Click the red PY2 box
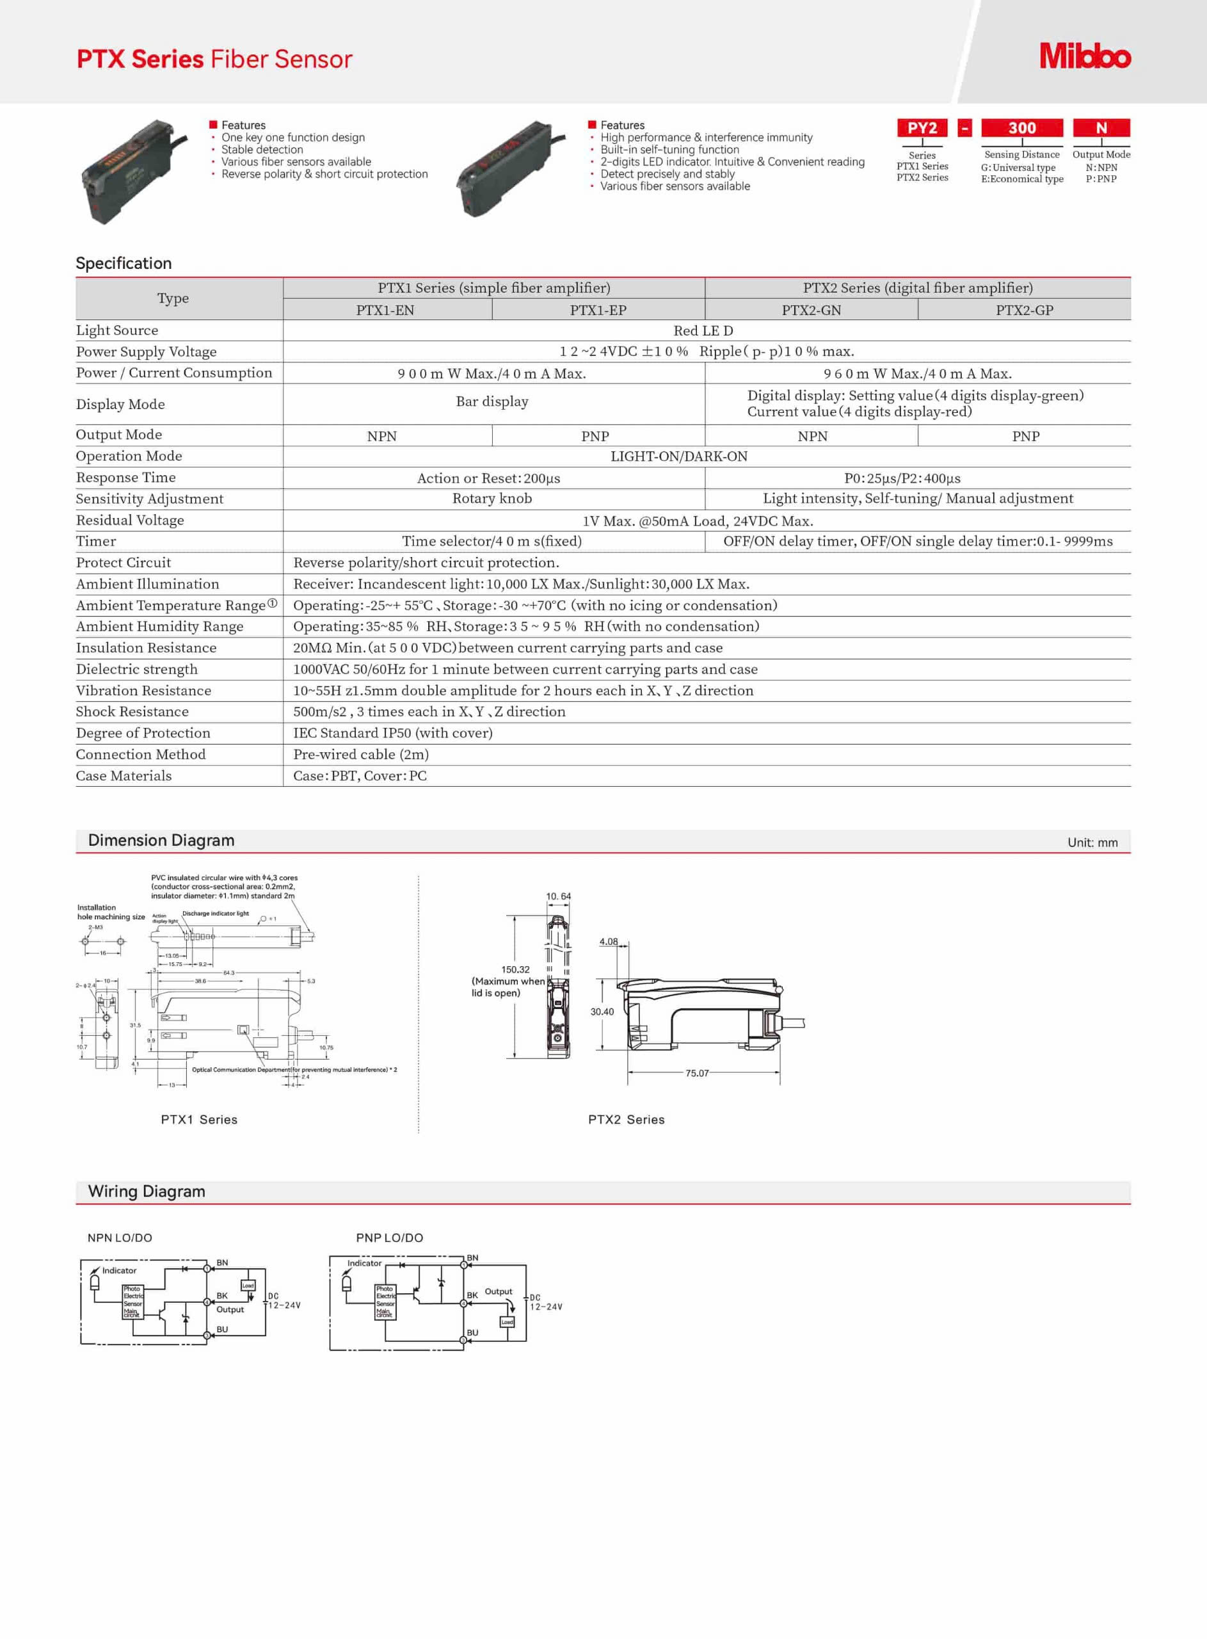pyautogui.click(x=922, y=128)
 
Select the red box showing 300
pyautogui.click(x=1021, y=128)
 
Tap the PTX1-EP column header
pyautogui.click(x=598, y=310)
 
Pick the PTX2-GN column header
pyautogui.click(x=811, y=310)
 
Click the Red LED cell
pyautogui.click(x=703, y=330)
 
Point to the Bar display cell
pyautogui.click(x=492, y=401)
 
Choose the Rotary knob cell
pyautogui.click(x=492, y=498)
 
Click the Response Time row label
pyautogui.click(x=125, y=477)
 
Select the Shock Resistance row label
pyautogui.click(x=132, y=711)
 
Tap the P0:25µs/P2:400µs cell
pyautogui.click(x=902, y=478)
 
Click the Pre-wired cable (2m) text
pyautogui.click(x=361, y=754)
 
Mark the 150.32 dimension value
pyautogui.click(x=515, y=970)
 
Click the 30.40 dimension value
pyautogui.click(x=602, y=1012)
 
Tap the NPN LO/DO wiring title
pyautogui.click(x=120, y=1238)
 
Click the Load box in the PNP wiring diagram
pyautogui.click(x=507, y=1322)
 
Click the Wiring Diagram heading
pyautogui.click(x=147, y=1191)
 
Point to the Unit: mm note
pyautogui.click(x=1092, y=843)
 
